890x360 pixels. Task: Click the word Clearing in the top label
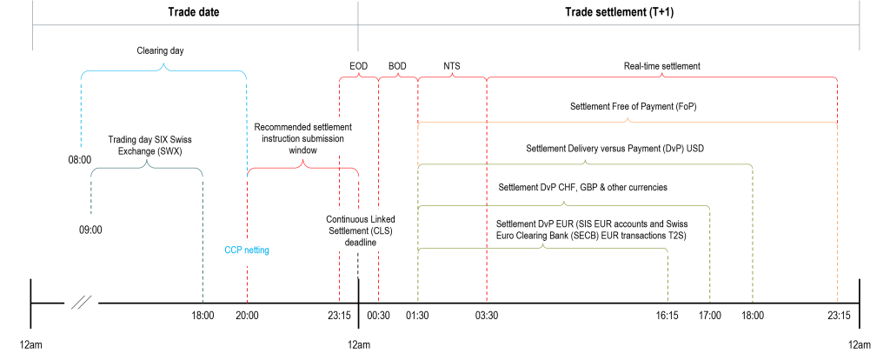click(x=150, y=51)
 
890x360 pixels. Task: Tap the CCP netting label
click(x=247, y=250)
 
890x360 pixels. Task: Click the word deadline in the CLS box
click(x=360, y=243)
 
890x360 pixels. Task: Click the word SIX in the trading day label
click(x=159, y=140)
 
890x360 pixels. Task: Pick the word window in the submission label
click(x=303, y=150)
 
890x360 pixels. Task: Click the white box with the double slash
click(x=82, y=303)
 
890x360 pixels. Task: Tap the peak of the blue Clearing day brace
click(x=164, y=66)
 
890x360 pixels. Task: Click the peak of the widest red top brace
click(x=662, y=75)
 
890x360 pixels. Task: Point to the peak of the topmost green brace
click(x=586, y=160)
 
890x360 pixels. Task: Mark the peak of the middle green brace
click(x=564, y=203)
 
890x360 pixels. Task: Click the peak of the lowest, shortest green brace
click(x=543, y=245)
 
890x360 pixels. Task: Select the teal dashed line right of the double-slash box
click(x=203, y=261)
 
